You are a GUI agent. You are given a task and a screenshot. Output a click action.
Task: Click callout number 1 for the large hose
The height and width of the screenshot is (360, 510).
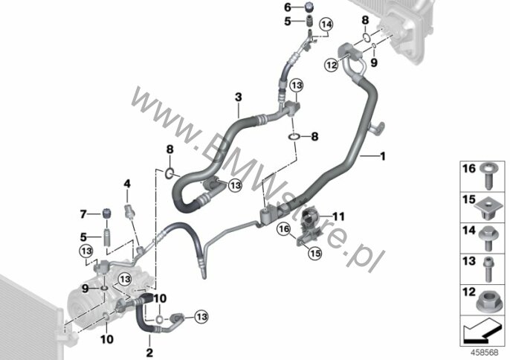pos(383,156)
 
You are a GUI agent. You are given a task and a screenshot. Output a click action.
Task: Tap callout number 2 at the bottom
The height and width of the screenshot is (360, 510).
pos(149,353)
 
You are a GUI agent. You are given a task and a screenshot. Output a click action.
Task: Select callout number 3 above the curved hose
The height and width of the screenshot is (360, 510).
pos(239,97)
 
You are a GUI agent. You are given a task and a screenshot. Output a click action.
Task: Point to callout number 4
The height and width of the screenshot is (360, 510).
pos(127,184)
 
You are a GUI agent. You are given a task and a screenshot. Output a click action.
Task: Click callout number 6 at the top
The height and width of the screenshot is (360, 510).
pos(288,7)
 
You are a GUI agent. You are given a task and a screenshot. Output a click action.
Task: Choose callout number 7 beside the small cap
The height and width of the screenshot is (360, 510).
pos(83,214)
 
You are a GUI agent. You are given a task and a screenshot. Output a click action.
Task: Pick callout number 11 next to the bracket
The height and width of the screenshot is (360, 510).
pos(338,216)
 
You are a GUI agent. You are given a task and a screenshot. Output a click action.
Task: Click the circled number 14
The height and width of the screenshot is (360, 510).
pos(326,25)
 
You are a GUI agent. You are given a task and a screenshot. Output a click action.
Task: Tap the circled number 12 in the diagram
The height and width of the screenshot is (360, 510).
pos(332,65)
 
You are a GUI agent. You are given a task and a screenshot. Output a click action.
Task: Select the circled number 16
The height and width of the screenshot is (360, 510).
pos(284,229)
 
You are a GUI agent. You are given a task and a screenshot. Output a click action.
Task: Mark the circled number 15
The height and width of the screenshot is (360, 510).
pos(315,253)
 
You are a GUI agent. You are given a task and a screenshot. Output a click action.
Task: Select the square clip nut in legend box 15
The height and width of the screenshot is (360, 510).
pos(487,209)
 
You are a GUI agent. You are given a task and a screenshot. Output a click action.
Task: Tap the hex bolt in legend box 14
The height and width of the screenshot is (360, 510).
pos(487,239)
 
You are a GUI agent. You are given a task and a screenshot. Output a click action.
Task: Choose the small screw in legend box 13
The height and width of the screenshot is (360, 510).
pos(487,269)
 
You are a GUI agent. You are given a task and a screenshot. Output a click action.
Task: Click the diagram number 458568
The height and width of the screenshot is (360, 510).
pos(485,353)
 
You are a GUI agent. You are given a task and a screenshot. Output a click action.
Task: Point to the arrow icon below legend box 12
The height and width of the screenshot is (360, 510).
pos(481,331)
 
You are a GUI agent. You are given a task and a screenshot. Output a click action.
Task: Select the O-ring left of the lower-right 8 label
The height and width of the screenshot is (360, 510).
pos(294,136)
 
